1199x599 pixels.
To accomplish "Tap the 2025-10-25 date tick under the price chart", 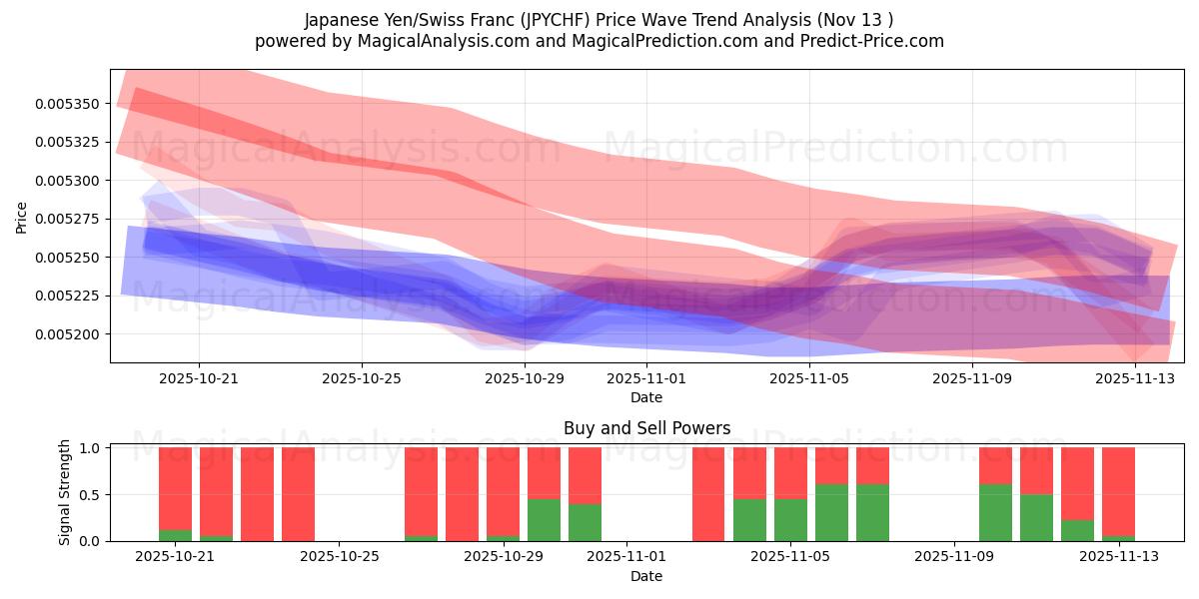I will [x=362, y=379].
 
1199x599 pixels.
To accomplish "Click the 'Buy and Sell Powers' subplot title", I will [x=646, y=428].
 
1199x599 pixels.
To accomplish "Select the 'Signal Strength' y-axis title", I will [x=65, y=493].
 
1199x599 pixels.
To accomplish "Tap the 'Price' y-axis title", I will [x=22, y=217].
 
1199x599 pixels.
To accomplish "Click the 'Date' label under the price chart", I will [x=646, y=397].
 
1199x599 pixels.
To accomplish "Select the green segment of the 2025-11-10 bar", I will [x=995, y=512].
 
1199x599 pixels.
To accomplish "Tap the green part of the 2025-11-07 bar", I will [x=872, y=512].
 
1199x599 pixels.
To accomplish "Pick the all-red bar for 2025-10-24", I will [x=298, y=494].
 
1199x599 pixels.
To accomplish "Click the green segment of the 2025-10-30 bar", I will [x=544, y=519].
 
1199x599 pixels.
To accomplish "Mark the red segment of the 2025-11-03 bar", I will [x=708, y=494].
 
